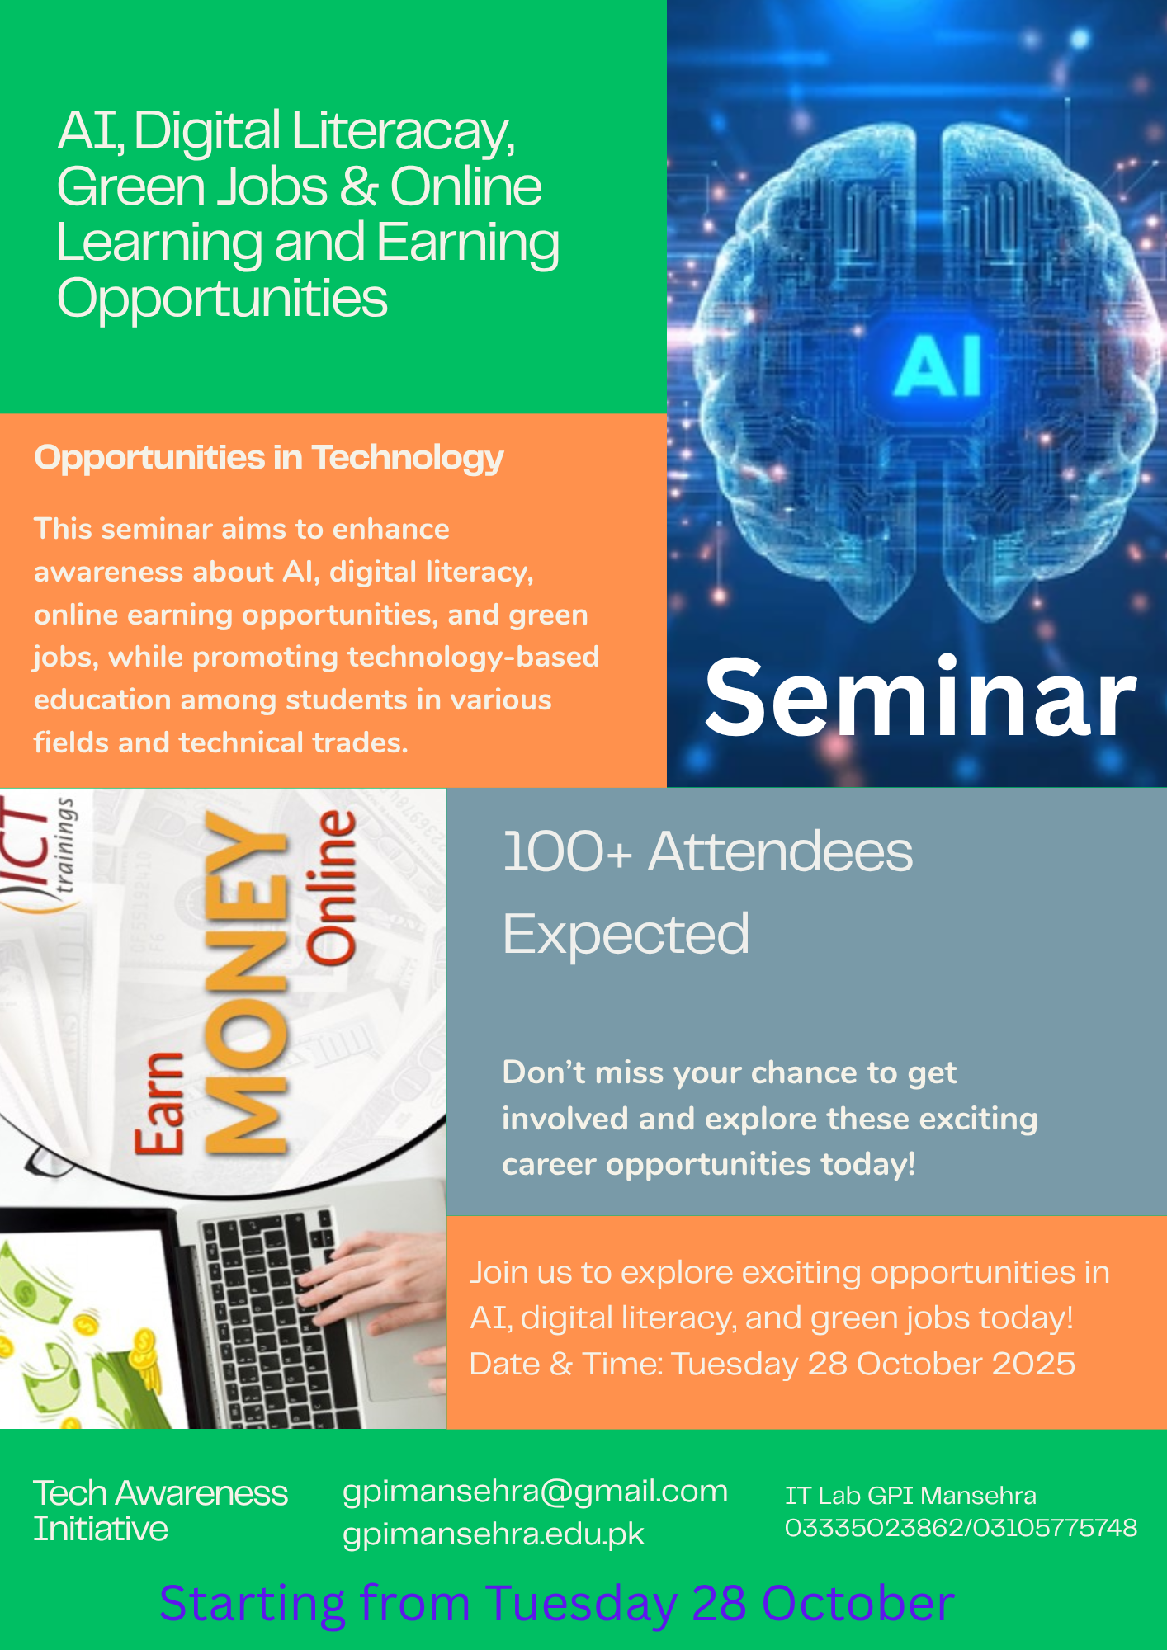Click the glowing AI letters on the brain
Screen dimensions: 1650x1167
click(x=938, y=365)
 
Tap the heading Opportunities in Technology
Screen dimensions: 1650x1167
click(x=268, y=458)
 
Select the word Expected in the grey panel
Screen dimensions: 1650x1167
click(x=626, y=934)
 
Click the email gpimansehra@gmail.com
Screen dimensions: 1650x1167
click(x=535, y=1492)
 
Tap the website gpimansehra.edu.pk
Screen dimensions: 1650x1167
click(x=493, y=1534)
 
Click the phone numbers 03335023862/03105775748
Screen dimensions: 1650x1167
click(x=961, y=1528)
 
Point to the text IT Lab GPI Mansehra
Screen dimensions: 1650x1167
click(x=910, y=1496)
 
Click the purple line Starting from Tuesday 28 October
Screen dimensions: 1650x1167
click(x=557, y=1604)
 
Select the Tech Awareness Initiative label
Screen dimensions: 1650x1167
click(x=160, y=1511)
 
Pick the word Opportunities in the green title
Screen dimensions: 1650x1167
click(x=222, y=299)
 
